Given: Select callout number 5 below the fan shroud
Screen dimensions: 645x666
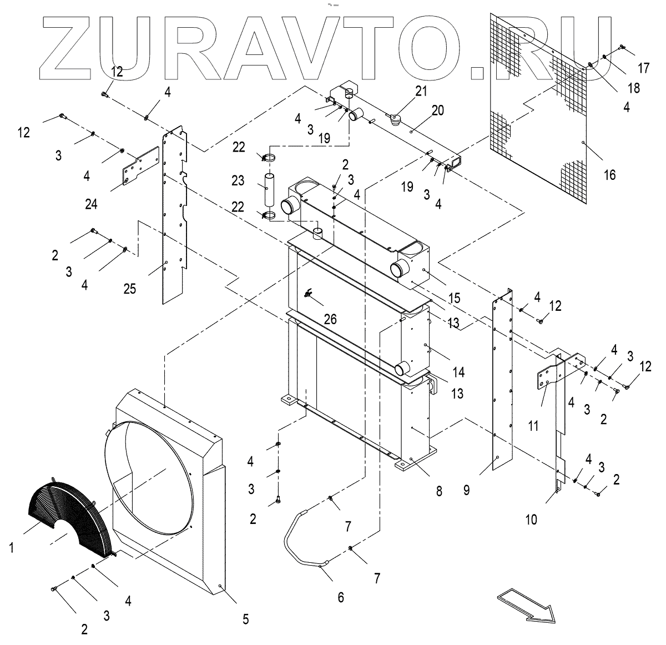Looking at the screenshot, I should click(x=245, y=618).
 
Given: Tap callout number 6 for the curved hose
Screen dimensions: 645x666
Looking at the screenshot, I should click(x=340, y=597).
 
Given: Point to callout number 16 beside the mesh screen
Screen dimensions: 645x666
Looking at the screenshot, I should click(x=609, y=175).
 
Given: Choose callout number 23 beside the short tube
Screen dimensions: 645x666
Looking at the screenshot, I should click(x=238, y=180).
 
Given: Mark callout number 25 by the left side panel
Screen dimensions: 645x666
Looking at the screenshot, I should click(x=129, y=289).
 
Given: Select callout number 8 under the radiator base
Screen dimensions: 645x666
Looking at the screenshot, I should click(x=439, y=491).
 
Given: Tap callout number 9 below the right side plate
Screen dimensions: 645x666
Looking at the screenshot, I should click(x=466, y=490).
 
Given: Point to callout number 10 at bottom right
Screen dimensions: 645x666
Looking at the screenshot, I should click(x=531, y=520).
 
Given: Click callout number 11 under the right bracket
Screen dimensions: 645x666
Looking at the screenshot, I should click(x=533, y=426).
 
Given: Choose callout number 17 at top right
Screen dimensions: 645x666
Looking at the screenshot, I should click(x=643, y=68).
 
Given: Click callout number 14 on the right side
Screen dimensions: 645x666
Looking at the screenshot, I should click(x=458, y=372).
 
